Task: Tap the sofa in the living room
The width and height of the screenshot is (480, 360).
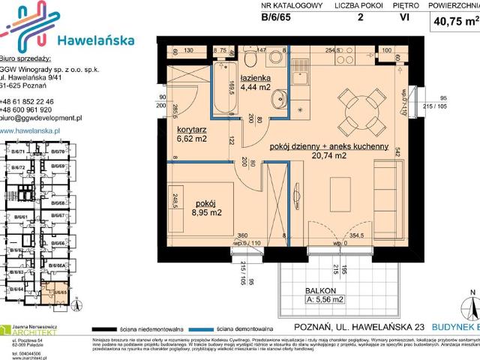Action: pos(388,194)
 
